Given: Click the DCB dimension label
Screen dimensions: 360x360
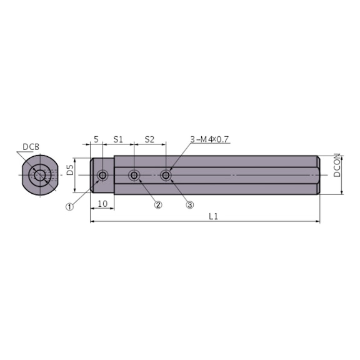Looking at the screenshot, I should [31, 147].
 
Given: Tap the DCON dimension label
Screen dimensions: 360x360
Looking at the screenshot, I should [337, 166].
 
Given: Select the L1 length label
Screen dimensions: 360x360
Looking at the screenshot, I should [212, 216].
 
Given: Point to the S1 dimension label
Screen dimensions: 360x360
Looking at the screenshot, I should [117, 139].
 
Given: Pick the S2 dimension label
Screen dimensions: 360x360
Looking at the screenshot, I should [149, 139].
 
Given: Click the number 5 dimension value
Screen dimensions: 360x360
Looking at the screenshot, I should [96, 139].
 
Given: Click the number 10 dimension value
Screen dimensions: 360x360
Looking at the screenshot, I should [102, 204].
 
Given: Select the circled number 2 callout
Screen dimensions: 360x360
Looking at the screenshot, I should [158, 204].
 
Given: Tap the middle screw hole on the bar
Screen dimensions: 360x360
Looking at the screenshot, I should [134, 176].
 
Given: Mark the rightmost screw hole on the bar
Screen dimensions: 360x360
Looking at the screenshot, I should [166, 176].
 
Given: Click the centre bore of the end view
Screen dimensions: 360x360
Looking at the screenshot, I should [40, 176].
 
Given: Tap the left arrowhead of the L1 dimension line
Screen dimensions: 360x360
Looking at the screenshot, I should [92, 221].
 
